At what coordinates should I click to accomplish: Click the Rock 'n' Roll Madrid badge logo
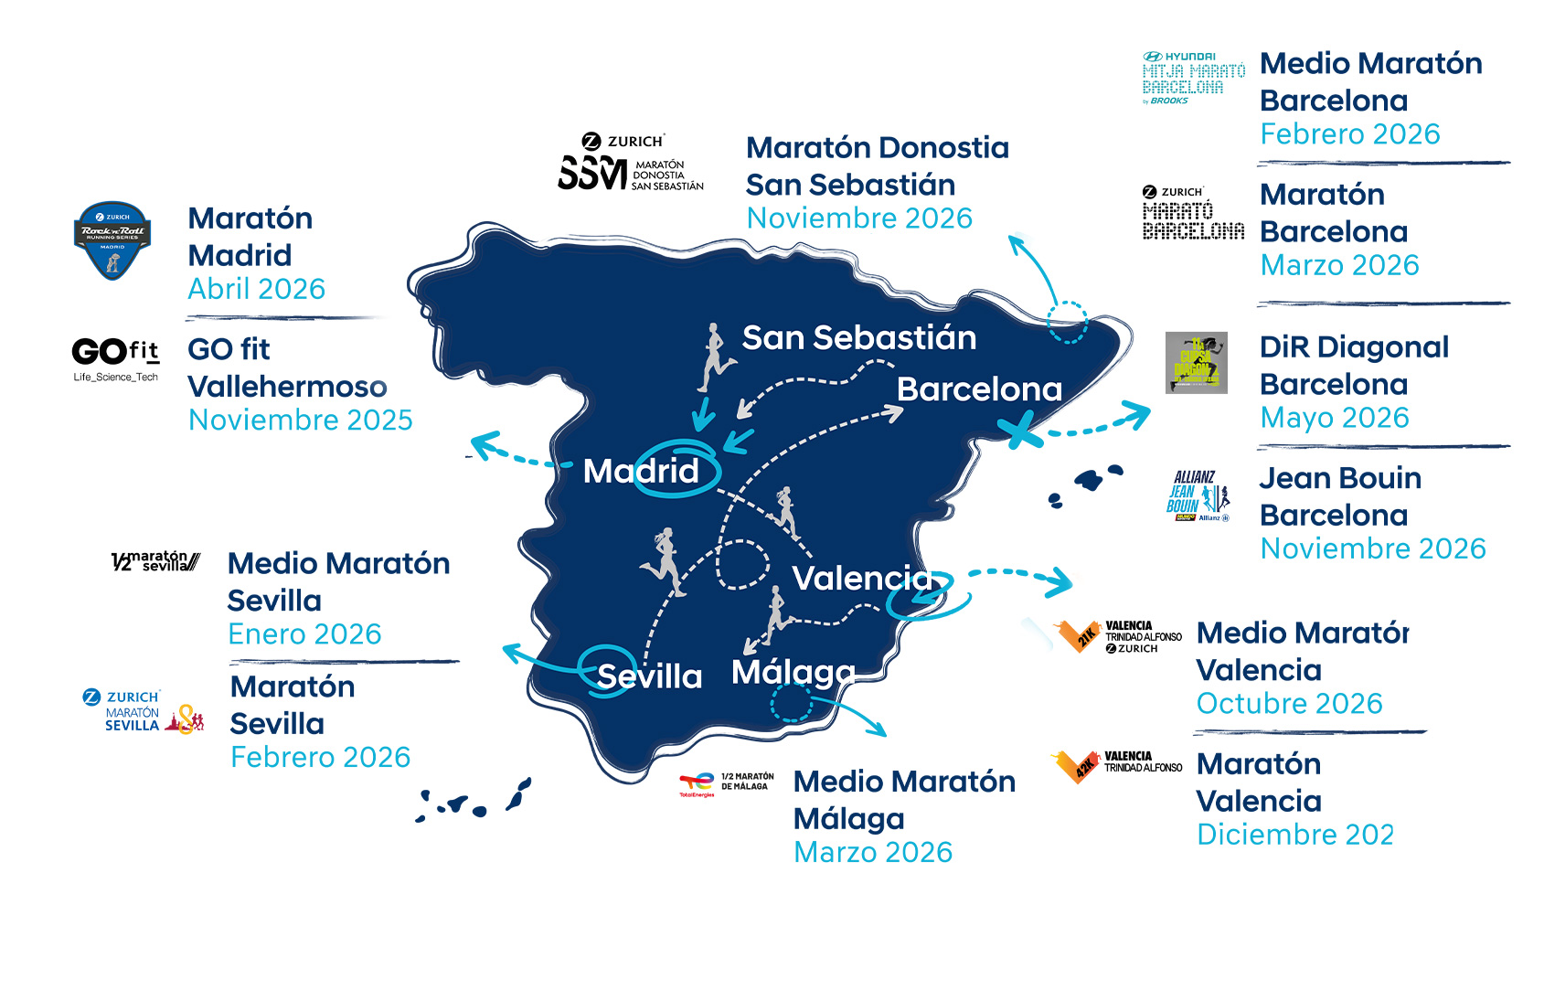point(112,240)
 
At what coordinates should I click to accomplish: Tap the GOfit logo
point(115,359)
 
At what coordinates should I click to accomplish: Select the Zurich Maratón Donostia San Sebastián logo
point(631,163)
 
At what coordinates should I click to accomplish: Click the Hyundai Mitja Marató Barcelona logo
point(1193,79)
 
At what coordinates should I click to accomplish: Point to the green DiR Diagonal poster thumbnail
point(1196,363)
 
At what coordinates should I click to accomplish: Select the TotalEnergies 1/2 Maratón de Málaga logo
point(727,783)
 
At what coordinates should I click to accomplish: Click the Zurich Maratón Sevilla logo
point(143,711)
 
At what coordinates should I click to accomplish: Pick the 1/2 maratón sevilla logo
point(154,561)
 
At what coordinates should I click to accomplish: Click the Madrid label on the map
point(641,471)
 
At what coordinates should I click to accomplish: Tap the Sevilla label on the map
point(649,676)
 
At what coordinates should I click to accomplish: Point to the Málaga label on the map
point(793,673)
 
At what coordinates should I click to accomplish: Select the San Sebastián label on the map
point(858,338)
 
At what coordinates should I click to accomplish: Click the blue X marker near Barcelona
point(1019,430)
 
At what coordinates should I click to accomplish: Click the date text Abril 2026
point(256,289)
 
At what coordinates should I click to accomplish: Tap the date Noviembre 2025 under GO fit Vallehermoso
point(300,420)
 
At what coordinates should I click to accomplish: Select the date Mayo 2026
point(1334,418)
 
